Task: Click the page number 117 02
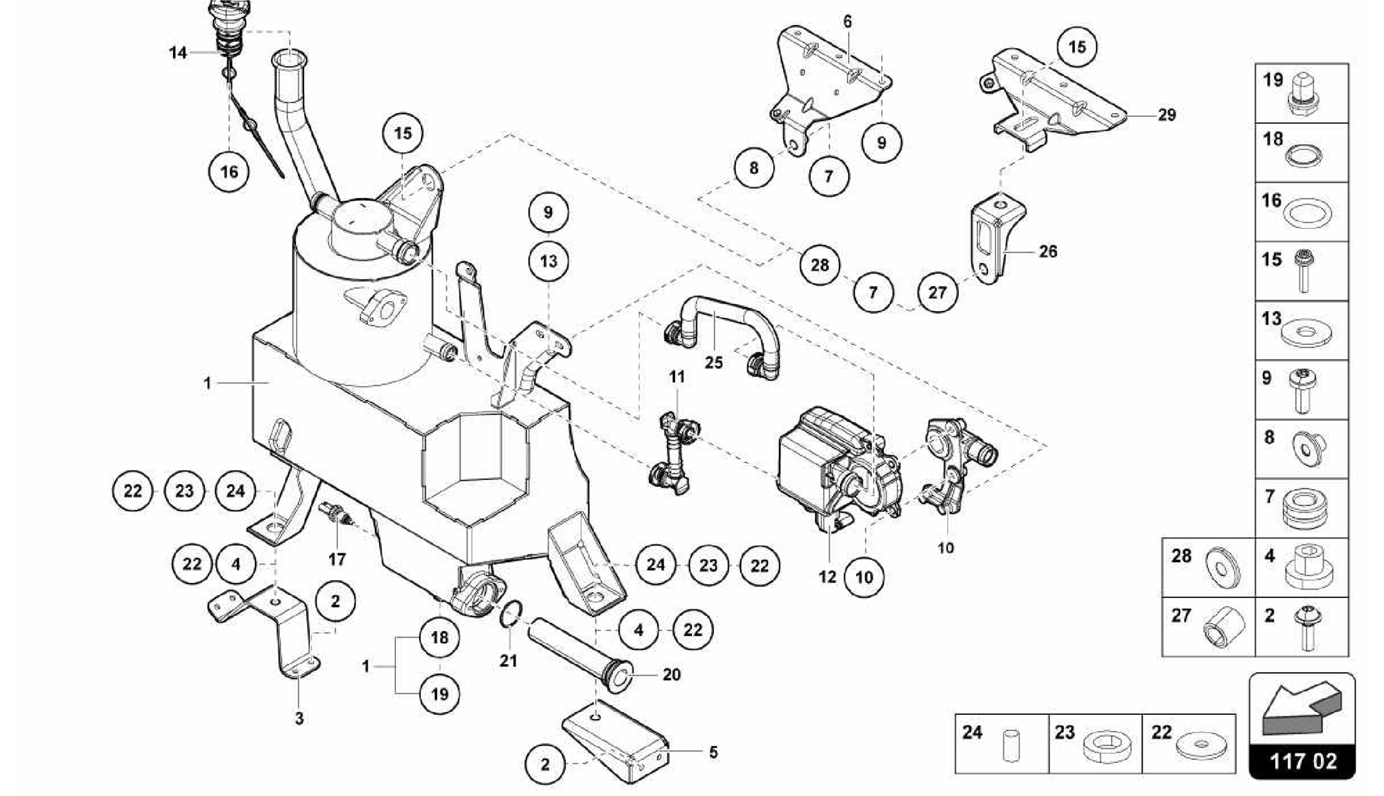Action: pos(1302,761)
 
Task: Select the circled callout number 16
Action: pos(229,171)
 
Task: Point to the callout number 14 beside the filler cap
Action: pos(178,53)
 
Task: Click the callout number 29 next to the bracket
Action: pos(1166,115)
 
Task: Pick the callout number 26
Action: pos(1047,252)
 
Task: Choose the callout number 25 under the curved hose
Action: pos(714,362)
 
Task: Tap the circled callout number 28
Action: pos(820,264)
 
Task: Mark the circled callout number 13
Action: pos(548,260)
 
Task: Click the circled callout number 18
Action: pos(439,637)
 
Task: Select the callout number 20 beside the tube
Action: pos(671,674)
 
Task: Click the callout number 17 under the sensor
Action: pos(337,559)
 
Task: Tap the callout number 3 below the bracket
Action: pos(299,718)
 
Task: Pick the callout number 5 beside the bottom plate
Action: pos(713,752)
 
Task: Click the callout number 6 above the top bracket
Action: pos(847,22)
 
